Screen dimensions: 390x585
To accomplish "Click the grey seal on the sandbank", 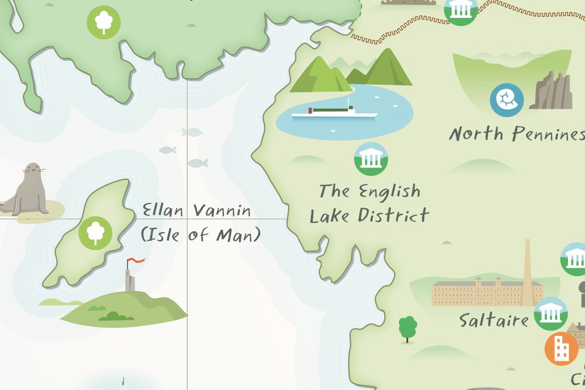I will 28,190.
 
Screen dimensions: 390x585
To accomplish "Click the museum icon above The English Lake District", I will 371,159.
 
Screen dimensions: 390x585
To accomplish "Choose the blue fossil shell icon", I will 507,100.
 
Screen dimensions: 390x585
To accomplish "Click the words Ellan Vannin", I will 197,210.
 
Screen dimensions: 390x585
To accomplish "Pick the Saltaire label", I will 494,320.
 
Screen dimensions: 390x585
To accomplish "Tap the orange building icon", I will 561,349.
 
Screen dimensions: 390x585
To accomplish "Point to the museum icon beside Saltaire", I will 551,313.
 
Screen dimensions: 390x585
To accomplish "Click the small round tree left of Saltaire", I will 408,328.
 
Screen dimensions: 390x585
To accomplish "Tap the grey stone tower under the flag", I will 130,280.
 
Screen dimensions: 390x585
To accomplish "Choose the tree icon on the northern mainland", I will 104,22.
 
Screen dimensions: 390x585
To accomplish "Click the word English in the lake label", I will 390,192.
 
